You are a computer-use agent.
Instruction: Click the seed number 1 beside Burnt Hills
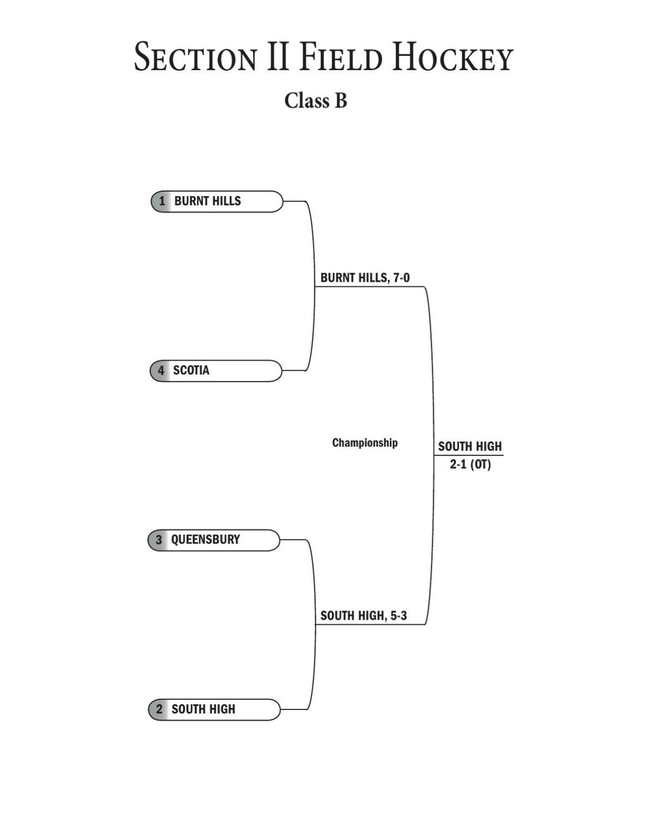point(162,201)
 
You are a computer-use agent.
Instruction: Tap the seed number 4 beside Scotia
point(161,371)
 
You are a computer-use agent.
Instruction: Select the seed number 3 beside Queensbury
point(159,540)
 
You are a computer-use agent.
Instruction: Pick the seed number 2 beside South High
point(159,709)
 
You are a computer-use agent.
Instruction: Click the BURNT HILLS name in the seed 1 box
point(207,201)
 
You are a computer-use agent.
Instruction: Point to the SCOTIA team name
point(191,371)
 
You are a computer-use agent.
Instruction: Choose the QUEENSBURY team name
point(205,540)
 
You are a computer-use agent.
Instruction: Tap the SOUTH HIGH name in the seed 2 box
point(204,709)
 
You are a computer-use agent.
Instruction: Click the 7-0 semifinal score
point(401,278)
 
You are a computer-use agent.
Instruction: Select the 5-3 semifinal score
point(399,616)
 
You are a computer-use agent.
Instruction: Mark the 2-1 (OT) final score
point(470,465)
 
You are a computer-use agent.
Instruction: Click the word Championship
point(364,443)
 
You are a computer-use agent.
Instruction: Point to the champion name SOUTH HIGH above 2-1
point(470,446)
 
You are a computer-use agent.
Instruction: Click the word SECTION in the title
point(195,58)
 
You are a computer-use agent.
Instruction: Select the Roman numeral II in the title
point(278,58)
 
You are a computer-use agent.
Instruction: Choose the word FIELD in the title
point(341,58)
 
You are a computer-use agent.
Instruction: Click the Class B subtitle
point(316,100)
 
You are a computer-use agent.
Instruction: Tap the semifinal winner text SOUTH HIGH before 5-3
point(353,616)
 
